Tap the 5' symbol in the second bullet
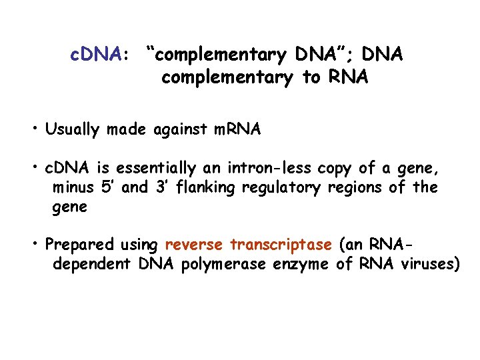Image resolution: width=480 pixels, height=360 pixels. pos(106,187)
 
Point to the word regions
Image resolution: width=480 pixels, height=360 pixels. pos(354,188)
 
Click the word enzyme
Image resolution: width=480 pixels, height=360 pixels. pos(301,264)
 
